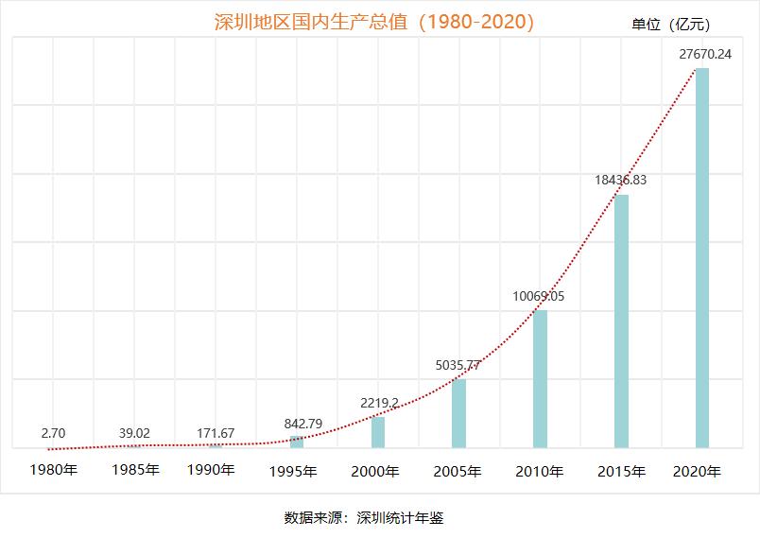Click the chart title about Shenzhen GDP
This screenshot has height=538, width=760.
(374, 22)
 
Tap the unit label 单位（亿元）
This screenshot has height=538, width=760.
(670, 25)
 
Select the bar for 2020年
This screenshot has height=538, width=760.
(702, 257)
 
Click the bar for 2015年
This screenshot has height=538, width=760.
(621, 321)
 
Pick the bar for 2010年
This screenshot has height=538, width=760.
(540, 378)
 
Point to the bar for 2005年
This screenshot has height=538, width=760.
(458, 412)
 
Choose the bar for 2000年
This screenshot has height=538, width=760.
(378, 431)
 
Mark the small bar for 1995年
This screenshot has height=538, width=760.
(297, 442)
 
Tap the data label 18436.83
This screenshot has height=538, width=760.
(620, 180)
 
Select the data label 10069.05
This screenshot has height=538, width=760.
(539, 296)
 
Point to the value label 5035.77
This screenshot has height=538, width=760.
(458, 365)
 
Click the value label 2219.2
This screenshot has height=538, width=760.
(379, 403)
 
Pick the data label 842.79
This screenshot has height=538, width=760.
(303, 423)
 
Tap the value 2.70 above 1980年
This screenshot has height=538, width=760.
(53, 433)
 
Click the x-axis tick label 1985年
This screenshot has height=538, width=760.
(134, 469)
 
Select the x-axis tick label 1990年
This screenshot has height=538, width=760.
(211, 469)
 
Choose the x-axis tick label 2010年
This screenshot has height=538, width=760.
(540, 471)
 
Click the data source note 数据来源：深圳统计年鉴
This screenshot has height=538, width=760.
(364, 517)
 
